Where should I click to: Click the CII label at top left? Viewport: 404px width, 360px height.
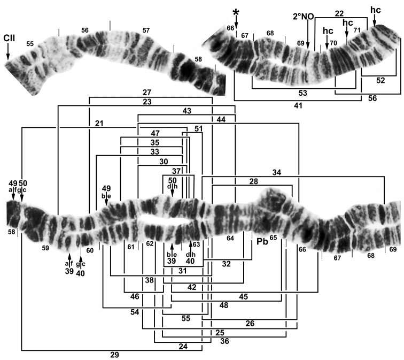click(9, 38)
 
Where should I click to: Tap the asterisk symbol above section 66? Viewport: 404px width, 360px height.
click(236, 12)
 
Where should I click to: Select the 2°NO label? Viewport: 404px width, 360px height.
click(304, 17)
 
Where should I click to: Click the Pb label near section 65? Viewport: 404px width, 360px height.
click(262, 241)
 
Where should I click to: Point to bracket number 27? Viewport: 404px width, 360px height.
click(147, 93)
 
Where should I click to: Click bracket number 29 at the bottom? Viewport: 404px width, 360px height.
click(115, 355)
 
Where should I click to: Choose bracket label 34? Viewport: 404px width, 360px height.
click(276, 172)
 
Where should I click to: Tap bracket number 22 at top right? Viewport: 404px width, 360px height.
click(339, 13)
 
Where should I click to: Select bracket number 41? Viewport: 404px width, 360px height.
click(298, 105)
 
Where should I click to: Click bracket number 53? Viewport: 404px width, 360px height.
click(303, 93)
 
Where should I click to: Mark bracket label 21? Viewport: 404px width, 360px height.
click(99, 124)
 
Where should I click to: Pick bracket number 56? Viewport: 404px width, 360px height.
click(372, 98)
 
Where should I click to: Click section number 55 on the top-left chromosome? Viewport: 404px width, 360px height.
click(30, 44)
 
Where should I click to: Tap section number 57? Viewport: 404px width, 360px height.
click(146, 30)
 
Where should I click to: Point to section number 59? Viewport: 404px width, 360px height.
click(45, 248)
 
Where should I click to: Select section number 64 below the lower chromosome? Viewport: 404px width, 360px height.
click(230, 238)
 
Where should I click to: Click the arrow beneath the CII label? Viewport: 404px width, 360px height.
click(7, 51)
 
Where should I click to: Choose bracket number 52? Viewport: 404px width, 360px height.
click(380, 80)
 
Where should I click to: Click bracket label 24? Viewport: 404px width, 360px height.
click(183, 346)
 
